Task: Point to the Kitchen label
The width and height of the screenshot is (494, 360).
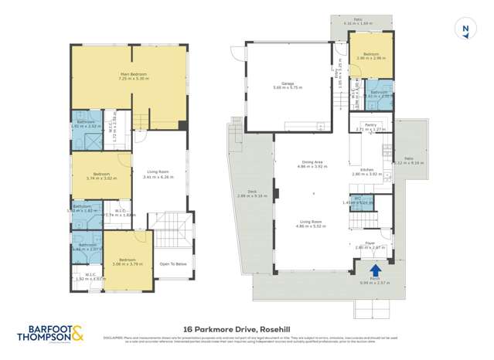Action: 368,170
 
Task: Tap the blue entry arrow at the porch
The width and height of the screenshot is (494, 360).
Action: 375,270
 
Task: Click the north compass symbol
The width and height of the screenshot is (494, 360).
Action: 465,29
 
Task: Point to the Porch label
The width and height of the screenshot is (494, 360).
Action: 375,280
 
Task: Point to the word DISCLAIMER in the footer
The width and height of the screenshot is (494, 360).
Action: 114,338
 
